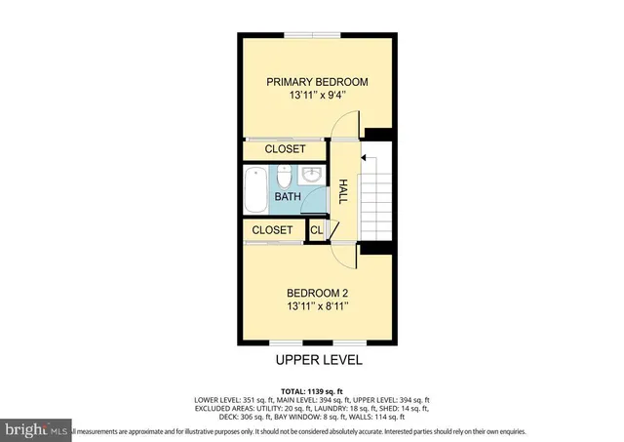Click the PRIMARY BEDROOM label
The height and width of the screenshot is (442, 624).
pos(318,82)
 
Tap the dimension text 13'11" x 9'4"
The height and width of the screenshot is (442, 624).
pos(318,97)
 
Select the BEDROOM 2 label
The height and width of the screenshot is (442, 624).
pos(318,293)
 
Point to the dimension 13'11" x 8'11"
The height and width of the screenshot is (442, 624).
pos(318,306)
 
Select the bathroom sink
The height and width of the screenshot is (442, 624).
pos(311,176)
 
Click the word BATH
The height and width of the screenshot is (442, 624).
pos(287,197)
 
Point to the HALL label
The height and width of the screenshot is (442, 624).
pos(343,192)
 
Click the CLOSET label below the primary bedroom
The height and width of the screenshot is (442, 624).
pos(285,149)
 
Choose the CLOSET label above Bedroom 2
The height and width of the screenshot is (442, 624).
pos(272,230)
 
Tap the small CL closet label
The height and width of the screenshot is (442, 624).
pos(316,230)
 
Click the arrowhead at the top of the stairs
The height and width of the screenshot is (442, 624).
pos(363,155)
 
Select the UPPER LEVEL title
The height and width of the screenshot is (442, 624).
pos(318,360)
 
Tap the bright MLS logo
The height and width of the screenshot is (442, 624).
pos(37,428)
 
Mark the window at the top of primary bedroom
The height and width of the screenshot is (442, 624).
pos(313,35)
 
